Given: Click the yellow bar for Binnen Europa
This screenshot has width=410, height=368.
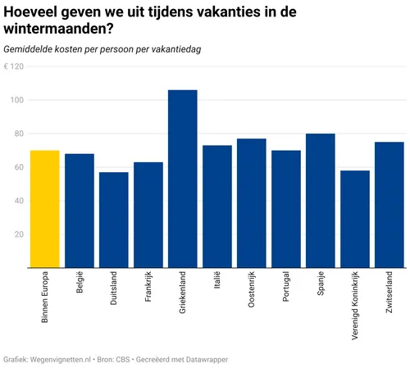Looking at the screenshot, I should [44, 209].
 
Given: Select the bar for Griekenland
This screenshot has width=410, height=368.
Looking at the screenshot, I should [182, 179].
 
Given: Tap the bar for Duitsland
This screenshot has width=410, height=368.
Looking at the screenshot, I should [113, 220].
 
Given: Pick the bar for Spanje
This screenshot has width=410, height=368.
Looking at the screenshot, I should [320, 201].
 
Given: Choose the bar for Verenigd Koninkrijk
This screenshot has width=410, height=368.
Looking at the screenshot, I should [354, 219].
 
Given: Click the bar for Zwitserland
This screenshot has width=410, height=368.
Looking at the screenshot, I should [389, 205].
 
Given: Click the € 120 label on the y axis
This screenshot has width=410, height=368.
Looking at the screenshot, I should [13, 66].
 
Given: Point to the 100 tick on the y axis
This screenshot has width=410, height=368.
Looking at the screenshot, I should [16, 100].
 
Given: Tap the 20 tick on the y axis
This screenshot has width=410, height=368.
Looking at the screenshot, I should [18, 234].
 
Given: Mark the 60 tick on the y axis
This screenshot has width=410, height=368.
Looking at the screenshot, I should [18, 167].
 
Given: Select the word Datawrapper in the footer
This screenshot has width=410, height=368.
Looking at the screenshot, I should [205, 359].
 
